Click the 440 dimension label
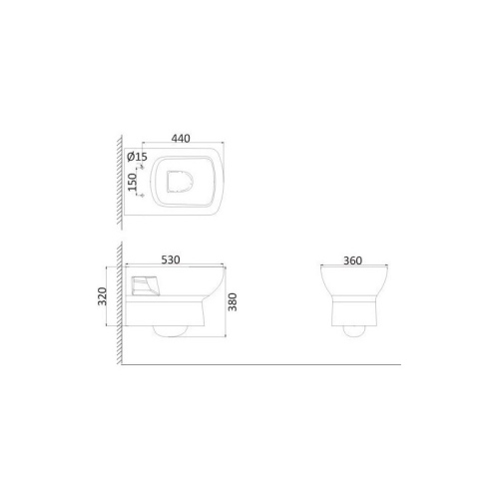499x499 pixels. [x=181, y=139]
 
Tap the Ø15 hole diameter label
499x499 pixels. [x=137, y=157]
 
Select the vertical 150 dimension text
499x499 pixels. [x=133, y=182]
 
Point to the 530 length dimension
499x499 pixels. [x=171, y=259]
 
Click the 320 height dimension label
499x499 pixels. [x=102, y=296]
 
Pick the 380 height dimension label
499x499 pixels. [x=233, y=302]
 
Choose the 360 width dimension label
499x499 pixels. [x=352, y=260]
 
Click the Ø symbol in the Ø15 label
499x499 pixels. [x=131, y=157]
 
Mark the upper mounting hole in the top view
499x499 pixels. [x=143, y=168]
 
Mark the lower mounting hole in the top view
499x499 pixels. [x=143, y=196]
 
